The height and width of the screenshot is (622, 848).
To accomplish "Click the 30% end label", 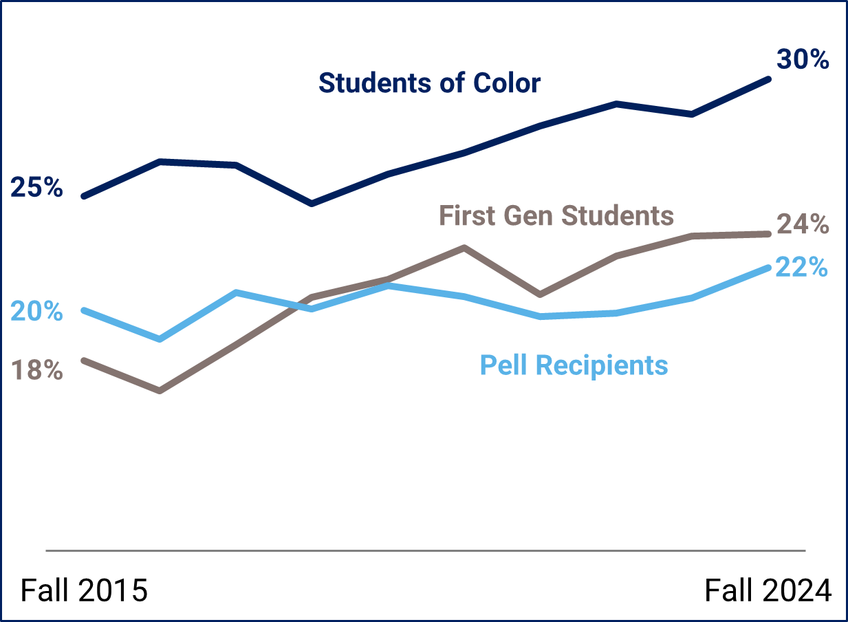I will pyautogui.click(x=803, y=59).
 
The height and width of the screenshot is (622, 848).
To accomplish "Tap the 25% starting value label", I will pyautogui.click(x=37, y=187).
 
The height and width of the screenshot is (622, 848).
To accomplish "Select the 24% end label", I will pyautogui.click(x=802, y=224).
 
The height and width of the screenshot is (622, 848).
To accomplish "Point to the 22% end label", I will pyautogui.click(x=801, y=267).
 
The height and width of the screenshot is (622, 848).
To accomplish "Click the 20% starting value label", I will pyautogui.click(x=37, y=311).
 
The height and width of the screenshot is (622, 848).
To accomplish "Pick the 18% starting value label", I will pyautogui.click(x=37, y=371).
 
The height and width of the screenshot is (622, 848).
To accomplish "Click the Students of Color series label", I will pyautogui.click(x=429, y=83).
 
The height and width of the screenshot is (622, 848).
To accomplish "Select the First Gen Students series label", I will pyautogui.click(x=556, y=215).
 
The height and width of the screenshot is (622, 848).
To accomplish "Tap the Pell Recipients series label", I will pyautogui.click(x=574, y=365).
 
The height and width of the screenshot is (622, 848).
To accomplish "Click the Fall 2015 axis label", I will pyautogui.click(x=85, y=590).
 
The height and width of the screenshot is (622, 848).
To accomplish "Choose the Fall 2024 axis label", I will pyautogui.click(x=768, y=590).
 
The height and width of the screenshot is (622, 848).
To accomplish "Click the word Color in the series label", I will pyautogui.click(x=507, y=83).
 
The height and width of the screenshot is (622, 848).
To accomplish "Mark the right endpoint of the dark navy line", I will pyautogui.click(x=768, y=79).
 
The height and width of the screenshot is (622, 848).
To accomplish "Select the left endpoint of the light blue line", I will pyautogui.click(x=84, y=310).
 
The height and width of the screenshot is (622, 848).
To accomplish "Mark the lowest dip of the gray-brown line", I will pyautogui.click(x=160, y=391).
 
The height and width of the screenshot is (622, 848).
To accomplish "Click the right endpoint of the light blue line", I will pyautogui.click(x=768, y=267).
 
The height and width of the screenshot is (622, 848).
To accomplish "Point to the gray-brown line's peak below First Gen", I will pyautogui.click(x=465, y=248).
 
